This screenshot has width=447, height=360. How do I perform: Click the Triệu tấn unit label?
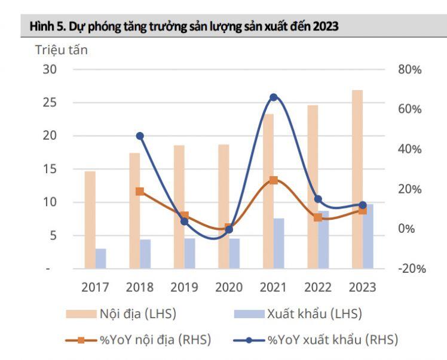[x=62, y=50]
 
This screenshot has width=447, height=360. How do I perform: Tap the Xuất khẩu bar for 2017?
[x=101, y=259]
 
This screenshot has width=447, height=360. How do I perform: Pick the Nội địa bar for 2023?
[x=357, y=179]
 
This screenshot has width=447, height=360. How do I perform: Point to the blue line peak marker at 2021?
[x=274, y=97]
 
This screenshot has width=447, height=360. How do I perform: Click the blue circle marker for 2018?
[x=140, y=136]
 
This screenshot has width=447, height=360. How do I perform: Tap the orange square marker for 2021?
[x=274, y=180]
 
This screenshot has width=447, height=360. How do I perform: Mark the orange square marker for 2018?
[x=140, y=192]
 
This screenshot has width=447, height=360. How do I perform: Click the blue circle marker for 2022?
[x=319, y=199]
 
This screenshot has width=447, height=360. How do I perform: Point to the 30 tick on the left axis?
[x=50, y=69]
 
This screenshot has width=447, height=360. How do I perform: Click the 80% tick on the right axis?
[x=409, y=69]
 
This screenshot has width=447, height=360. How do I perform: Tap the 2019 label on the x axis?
[x=184, y=288]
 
